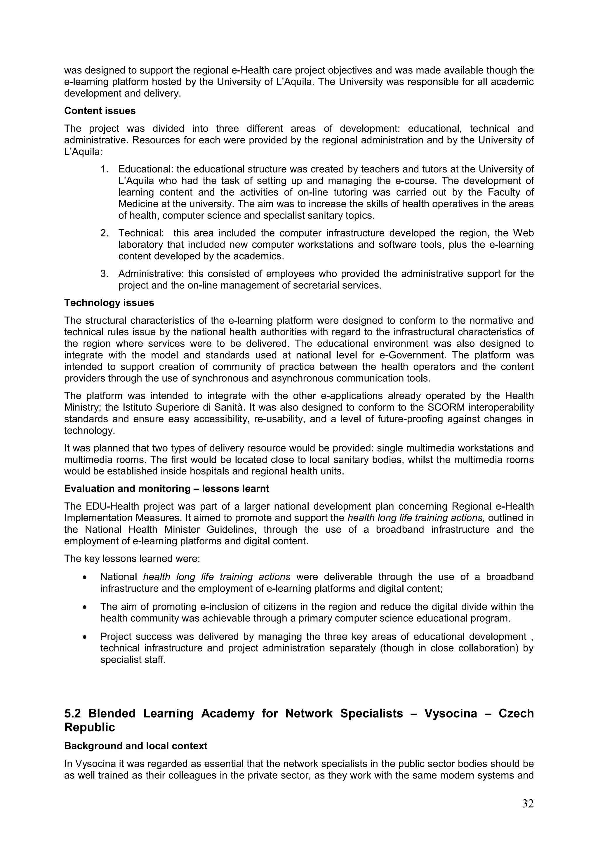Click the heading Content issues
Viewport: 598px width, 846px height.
(x=100, y=111)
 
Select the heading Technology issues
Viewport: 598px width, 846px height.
(x=109, y=303)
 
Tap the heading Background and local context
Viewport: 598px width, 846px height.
(x=135, y=746)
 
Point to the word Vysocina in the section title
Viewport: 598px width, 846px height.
(x=450, y=714)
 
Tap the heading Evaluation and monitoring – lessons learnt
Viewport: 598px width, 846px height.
(x=166, y=489)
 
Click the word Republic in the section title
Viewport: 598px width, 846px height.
(x=90, y=728)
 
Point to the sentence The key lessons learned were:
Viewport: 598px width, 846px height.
(x=132, y=559)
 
